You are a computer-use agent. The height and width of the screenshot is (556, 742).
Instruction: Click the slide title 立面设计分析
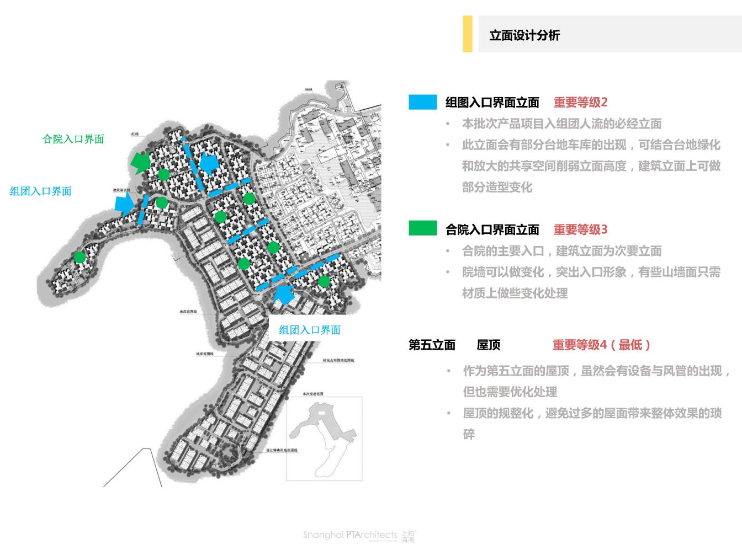point(524,35)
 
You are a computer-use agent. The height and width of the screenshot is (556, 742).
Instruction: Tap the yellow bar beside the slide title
point(468,34)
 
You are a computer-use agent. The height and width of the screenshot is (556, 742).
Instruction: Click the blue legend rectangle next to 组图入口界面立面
point(423,102)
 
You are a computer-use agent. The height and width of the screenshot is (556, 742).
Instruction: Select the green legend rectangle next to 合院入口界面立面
point(423,228)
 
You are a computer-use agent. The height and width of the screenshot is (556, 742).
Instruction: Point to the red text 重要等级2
point(580,103)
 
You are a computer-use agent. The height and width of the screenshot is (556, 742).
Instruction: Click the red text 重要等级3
point(580,229)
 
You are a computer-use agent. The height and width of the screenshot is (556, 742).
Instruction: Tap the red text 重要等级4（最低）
point(602,345)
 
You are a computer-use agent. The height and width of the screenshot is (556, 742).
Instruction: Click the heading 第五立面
point(432,345)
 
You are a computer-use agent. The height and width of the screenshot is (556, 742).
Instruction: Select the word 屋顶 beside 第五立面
point(489,345)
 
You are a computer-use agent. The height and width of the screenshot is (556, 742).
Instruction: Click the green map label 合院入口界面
point(73,139)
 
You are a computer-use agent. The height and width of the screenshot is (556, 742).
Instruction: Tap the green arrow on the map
point(141,162)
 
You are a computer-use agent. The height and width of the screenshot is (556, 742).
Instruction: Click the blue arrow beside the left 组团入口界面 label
point(125,205)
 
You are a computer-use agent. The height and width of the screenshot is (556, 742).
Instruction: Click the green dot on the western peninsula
point(80,256)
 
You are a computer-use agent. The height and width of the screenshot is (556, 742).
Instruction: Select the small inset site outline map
point(324,439)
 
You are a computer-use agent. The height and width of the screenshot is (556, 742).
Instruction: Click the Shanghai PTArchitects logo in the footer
point(359,535)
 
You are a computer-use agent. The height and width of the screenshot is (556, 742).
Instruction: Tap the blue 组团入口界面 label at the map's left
point(41,191)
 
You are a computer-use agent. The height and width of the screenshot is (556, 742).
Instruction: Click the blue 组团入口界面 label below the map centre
point(310,330)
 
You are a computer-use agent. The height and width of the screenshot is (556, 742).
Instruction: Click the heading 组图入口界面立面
point(492,103)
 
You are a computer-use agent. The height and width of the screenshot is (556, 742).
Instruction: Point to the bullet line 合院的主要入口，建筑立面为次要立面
point(561,252)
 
